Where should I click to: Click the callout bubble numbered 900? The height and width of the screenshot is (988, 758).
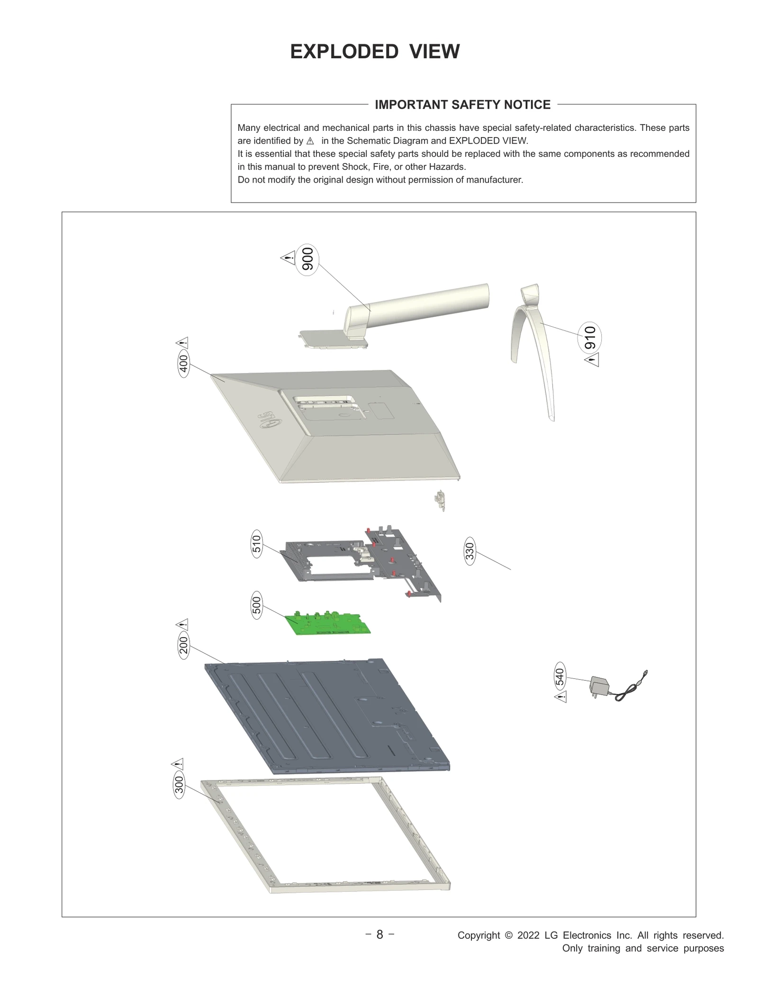point(307,259)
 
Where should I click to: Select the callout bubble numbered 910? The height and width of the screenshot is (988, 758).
point(590,338)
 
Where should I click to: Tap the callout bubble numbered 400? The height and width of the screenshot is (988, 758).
point(183,364)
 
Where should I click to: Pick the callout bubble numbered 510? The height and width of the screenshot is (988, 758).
point(256,544)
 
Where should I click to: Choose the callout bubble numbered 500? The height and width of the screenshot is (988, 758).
point(256,605)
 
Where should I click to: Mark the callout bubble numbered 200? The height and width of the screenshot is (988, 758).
point(183,645)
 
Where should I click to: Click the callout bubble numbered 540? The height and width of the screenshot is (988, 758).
point(559,676)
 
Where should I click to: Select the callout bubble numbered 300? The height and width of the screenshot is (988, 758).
point(179,786)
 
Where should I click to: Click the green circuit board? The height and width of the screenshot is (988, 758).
point(327,623)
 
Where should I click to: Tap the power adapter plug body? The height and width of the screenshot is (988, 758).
point(598,686)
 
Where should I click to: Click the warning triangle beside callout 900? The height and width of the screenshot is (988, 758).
point(288,258)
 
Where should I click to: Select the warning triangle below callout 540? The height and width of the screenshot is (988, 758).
point(560,696)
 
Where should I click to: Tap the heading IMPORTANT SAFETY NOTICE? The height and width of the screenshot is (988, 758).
point(462,104)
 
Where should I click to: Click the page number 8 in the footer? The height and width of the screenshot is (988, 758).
point(379,934)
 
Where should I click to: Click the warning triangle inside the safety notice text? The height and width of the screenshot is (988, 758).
point(310,141)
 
